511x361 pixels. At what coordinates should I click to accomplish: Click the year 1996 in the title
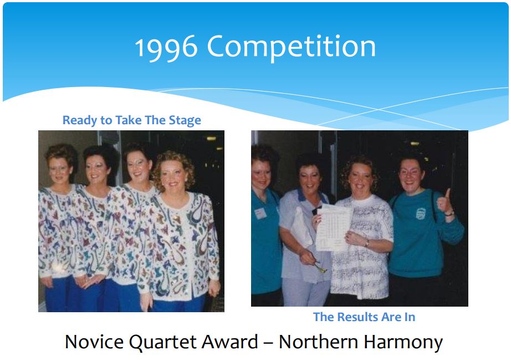pos(166,47)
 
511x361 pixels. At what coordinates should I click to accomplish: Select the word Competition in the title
pos(292,48)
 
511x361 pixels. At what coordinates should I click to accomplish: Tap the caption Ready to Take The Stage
pos(132,120)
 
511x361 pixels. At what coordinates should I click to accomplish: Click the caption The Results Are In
pos(364,317)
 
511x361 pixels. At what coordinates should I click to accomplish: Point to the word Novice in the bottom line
pos(94,342)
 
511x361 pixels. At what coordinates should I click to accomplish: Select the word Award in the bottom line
pos(231,342)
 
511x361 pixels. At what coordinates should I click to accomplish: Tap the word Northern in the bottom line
pos(318,342)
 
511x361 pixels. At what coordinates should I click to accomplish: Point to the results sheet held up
pos(334,227)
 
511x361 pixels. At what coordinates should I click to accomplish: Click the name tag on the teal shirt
pos(260,213)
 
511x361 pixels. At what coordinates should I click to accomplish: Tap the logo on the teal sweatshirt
pos(421,213)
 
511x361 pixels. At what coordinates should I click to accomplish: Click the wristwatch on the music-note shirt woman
pos(367,243)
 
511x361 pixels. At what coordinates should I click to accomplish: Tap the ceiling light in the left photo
pos(211,139)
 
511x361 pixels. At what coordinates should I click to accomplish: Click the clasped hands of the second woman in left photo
pos(88,281)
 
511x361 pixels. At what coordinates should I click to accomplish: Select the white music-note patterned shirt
pos(362,247)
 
